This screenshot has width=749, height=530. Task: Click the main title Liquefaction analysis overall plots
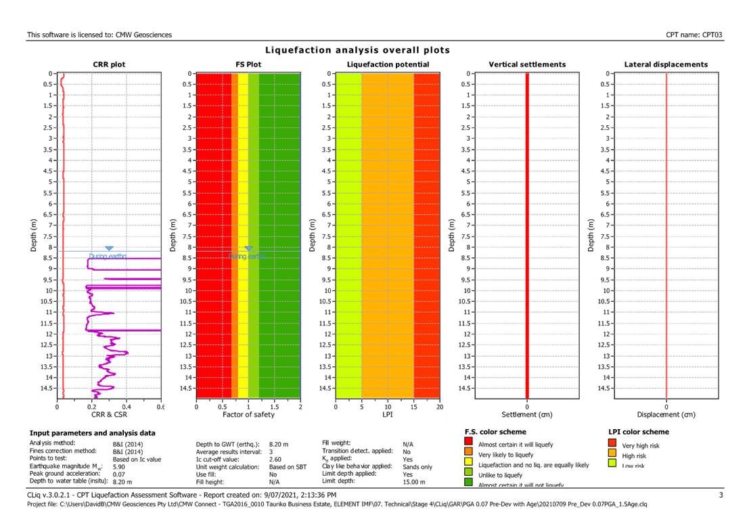357,50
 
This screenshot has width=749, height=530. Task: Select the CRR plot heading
109,64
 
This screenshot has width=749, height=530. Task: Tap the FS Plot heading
248,64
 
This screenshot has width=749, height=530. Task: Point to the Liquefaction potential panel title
388,64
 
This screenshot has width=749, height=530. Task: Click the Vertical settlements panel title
527,64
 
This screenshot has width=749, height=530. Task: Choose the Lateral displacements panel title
666,64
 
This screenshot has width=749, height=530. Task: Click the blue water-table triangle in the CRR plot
109,248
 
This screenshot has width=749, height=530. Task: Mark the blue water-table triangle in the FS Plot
248,248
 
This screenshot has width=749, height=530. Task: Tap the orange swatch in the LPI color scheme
612,454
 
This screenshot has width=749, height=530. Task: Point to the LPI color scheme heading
639,431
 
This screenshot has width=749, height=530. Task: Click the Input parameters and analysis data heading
92,433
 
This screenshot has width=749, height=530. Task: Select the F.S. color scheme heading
497,431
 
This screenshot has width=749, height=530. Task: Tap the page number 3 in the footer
721,495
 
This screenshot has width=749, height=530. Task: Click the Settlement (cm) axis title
527,414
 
